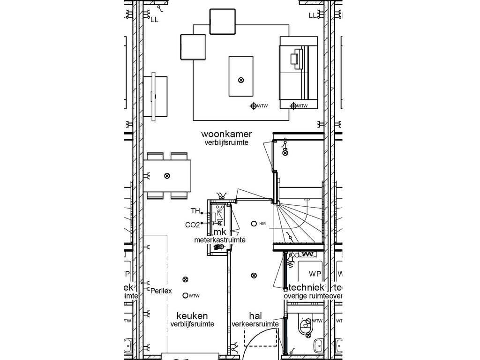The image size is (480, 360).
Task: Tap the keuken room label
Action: tap(192, 315)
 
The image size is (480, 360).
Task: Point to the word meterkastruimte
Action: tap(220, 240)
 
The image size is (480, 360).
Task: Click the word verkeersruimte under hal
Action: tap(255, 324)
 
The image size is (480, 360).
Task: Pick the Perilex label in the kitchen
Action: tap(161, 291)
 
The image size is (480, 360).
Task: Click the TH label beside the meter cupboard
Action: tap(195, 211)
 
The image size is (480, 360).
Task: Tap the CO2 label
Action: tap(192, 225)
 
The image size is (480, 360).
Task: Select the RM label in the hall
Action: tap(262, 224)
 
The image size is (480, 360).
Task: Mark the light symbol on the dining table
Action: tap(167, 176)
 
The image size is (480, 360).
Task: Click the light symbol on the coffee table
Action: tap(241, 80)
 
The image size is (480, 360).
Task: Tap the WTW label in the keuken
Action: tap(195, 296)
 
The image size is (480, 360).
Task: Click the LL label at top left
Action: tap(154, 20)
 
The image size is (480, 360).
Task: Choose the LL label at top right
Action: tap(313, 15)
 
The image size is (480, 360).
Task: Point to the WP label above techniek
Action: tap(315, 273)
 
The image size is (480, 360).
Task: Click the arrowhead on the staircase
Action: tap(307, 201)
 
